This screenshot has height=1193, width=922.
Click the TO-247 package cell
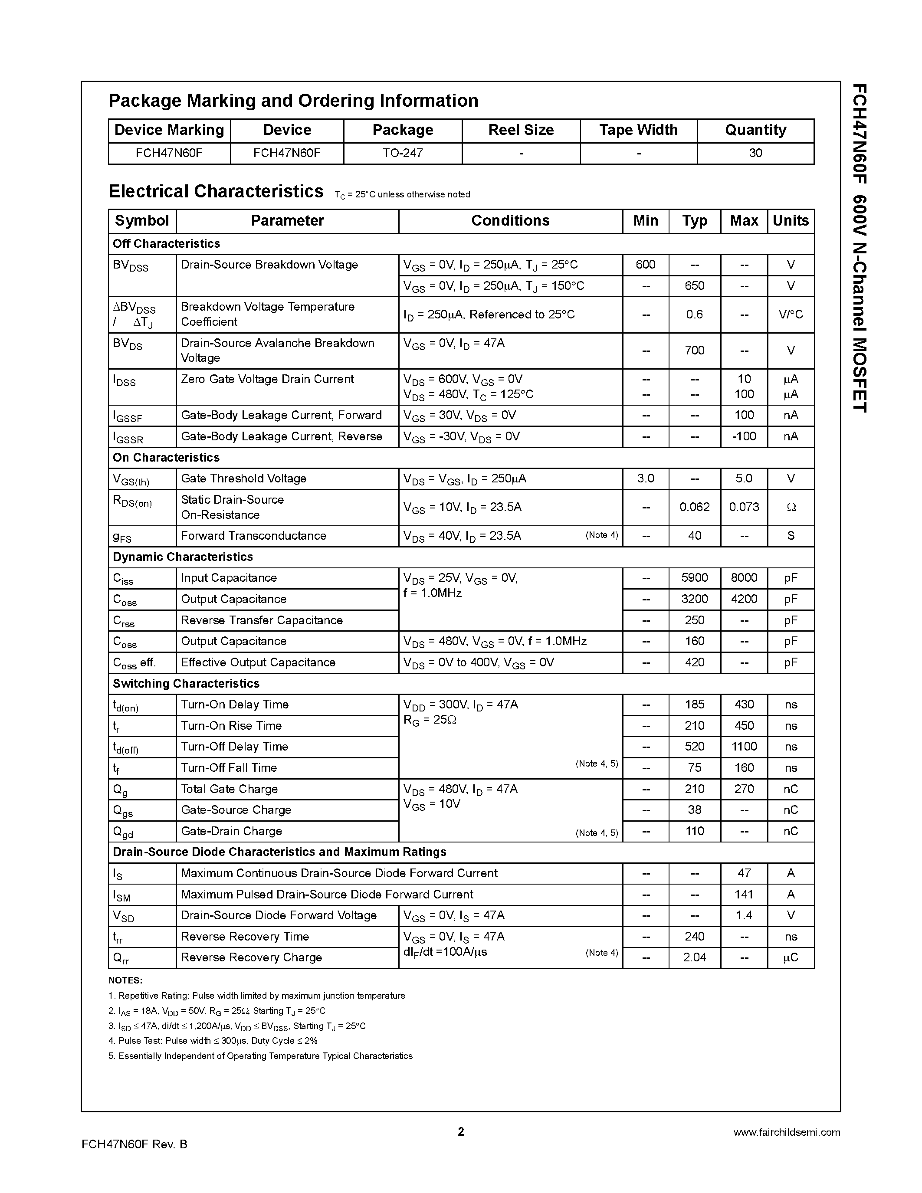403,153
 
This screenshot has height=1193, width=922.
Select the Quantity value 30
755,153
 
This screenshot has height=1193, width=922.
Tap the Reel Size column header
521,130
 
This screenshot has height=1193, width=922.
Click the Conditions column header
510,221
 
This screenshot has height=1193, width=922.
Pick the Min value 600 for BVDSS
645,265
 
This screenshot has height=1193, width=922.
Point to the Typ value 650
694,286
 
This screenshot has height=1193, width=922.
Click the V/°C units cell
791,315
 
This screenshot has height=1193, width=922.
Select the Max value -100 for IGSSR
744,436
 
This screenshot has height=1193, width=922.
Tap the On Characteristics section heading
166,458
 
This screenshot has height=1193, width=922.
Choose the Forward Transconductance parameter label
253,536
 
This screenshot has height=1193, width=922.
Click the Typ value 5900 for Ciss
694,578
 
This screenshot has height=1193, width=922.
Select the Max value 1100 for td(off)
744,747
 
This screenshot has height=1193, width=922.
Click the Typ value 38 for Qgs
694,810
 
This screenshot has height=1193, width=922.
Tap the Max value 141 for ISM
744,895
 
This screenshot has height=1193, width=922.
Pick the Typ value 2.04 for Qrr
694,957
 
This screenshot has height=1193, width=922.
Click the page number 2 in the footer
460,1132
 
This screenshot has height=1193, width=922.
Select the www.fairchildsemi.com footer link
786,1132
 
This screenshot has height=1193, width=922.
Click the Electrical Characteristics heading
216,192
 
